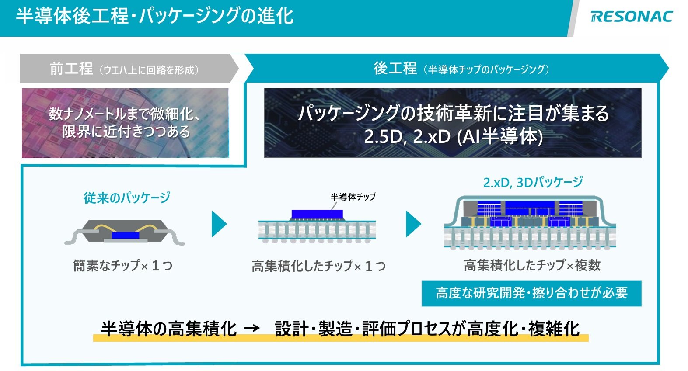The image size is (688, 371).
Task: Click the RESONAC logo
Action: click(x=631, y=17)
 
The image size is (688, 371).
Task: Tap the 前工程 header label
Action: click(x=71, y=69)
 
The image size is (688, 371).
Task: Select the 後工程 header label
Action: click(x=395, y=69)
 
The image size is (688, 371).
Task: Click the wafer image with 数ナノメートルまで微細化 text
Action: click(x=125, y=123)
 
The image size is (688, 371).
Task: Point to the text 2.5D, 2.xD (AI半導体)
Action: click(x=453, y=137)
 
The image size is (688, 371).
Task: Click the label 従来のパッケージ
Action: click(x=127, y=198)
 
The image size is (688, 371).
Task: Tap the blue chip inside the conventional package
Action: click(x=125, y=235)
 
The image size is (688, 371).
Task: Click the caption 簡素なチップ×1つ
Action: click(x=123, y=265)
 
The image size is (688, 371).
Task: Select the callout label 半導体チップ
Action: click(x=353, y=197)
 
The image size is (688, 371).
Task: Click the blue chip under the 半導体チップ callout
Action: click(x=317, y=214)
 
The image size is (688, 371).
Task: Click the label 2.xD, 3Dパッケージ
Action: click(x=533, y=182)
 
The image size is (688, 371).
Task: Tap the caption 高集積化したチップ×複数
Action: click(x=532, y=265)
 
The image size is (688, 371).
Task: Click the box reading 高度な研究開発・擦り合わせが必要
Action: click(x=531, y=293)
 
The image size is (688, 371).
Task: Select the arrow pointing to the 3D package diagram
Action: click(x=413, y=224)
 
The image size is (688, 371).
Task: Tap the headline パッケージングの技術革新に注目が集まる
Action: click(x=453, y=114)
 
